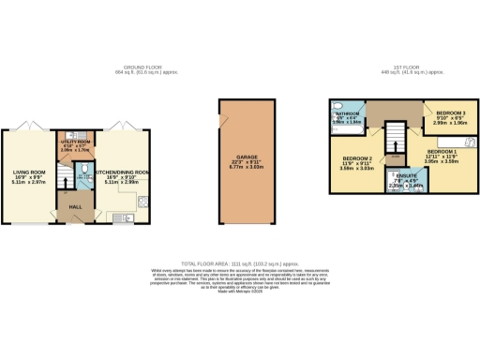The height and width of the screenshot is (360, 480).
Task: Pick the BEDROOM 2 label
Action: tap(357, 158)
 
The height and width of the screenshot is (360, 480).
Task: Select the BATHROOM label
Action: tap(348, 112)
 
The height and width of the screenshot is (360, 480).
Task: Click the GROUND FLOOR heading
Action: tap(145, 67)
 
